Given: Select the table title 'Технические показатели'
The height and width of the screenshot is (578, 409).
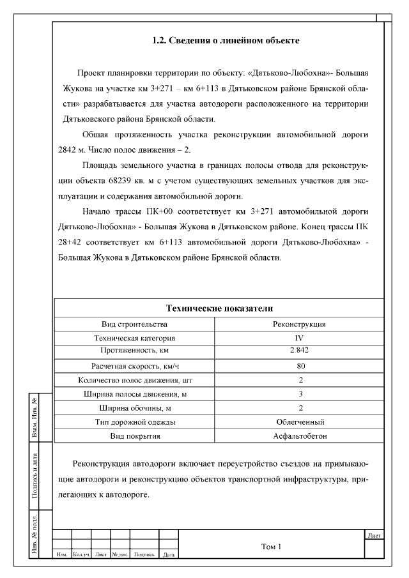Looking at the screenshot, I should (x=219, y=308).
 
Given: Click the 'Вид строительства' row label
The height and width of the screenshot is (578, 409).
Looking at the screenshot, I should (x=134, y=324).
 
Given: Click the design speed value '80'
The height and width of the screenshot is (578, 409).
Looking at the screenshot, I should (x=300, y=366).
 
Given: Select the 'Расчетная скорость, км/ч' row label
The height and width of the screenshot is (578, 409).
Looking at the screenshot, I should (x=134, y=366).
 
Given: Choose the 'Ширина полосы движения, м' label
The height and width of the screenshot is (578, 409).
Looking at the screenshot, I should (x=134, y=394).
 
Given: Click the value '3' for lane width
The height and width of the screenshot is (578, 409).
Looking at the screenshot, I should (x=300, y=394).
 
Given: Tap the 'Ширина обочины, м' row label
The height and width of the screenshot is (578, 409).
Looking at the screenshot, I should (x=134, y=408).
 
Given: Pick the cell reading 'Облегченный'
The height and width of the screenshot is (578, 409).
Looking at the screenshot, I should (x=300, y=422).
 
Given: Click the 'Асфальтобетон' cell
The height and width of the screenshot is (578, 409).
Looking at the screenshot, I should (x=300, y=436).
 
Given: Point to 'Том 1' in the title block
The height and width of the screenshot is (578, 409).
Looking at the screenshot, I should (x=271, y=547).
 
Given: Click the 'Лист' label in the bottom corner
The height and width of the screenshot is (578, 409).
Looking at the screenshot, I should (x=374, y=535).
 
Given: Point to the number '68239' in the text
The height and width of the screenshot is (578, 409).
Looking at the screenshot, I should (x=135, y=181).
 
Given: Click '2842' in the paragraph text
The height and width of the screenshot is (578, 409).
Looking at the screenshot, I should (x=69, y=150).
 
